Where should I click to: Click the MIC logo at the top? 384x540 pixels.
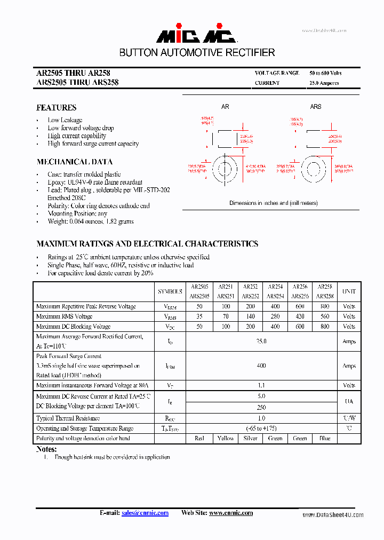point(196,35)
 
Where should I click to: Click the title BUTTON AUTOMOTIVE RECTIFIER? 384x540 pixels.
point(197,53)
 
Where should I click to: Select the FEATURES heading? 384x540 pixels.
point(56,107)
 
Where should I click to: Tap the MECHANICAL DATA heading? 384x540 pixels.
point(75,162)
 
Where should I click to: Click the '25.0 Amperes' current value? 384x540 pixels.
point(324,83)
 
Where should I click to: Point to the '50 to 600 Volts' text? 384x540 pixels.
point(325,73)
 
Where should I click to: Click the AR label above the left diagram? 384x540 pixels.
point(225,107)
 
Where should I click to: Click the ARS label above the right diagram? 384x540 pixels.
point(316,107)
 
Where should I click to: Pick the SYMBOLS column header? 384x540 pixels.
point(170,291)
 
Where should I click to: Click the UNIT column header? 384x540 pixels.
point(349,291)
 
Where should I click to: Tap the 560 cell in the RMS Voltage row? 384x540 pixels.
point(325,316)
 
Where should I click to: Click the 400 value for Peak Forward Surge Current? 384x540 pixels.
point(261,366)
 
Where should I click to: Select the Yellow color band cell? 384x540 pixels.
point(226,438)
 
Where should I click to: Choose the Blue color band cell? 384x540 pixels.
point(325,438)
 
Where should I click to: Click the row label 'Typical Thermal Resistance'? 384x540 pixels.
point(68,418)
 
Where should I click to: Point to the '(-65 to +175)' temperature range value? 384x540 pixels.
point(261,428)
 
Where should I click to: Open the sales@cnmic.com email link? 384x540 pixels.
point(145,513)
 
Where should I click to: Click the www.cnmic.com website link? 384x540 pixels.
point(230,513)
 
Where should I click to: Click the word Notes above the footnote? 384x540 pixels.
point(46,449)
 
